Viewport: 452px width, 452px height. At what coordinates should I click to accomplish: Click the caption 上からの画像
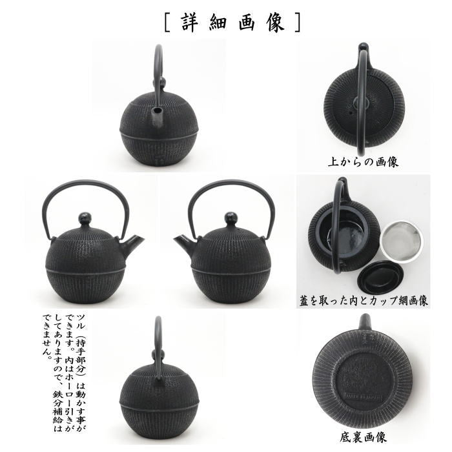[363, 161]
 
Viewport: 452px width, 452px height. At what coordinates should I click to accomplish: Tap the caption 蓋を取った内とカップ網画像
[364, 300]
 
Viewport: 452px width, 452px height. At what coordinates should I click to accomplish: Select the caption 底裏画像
[363, 438]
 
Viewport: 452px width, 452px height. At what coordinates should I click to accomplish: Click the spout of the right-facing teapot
[133, 243]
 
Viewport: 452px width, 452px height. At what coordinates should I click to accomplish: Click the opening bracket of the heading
[167, 21]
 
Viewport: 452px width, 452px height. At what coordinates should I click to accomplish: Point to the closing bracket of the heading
[297, 21]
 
